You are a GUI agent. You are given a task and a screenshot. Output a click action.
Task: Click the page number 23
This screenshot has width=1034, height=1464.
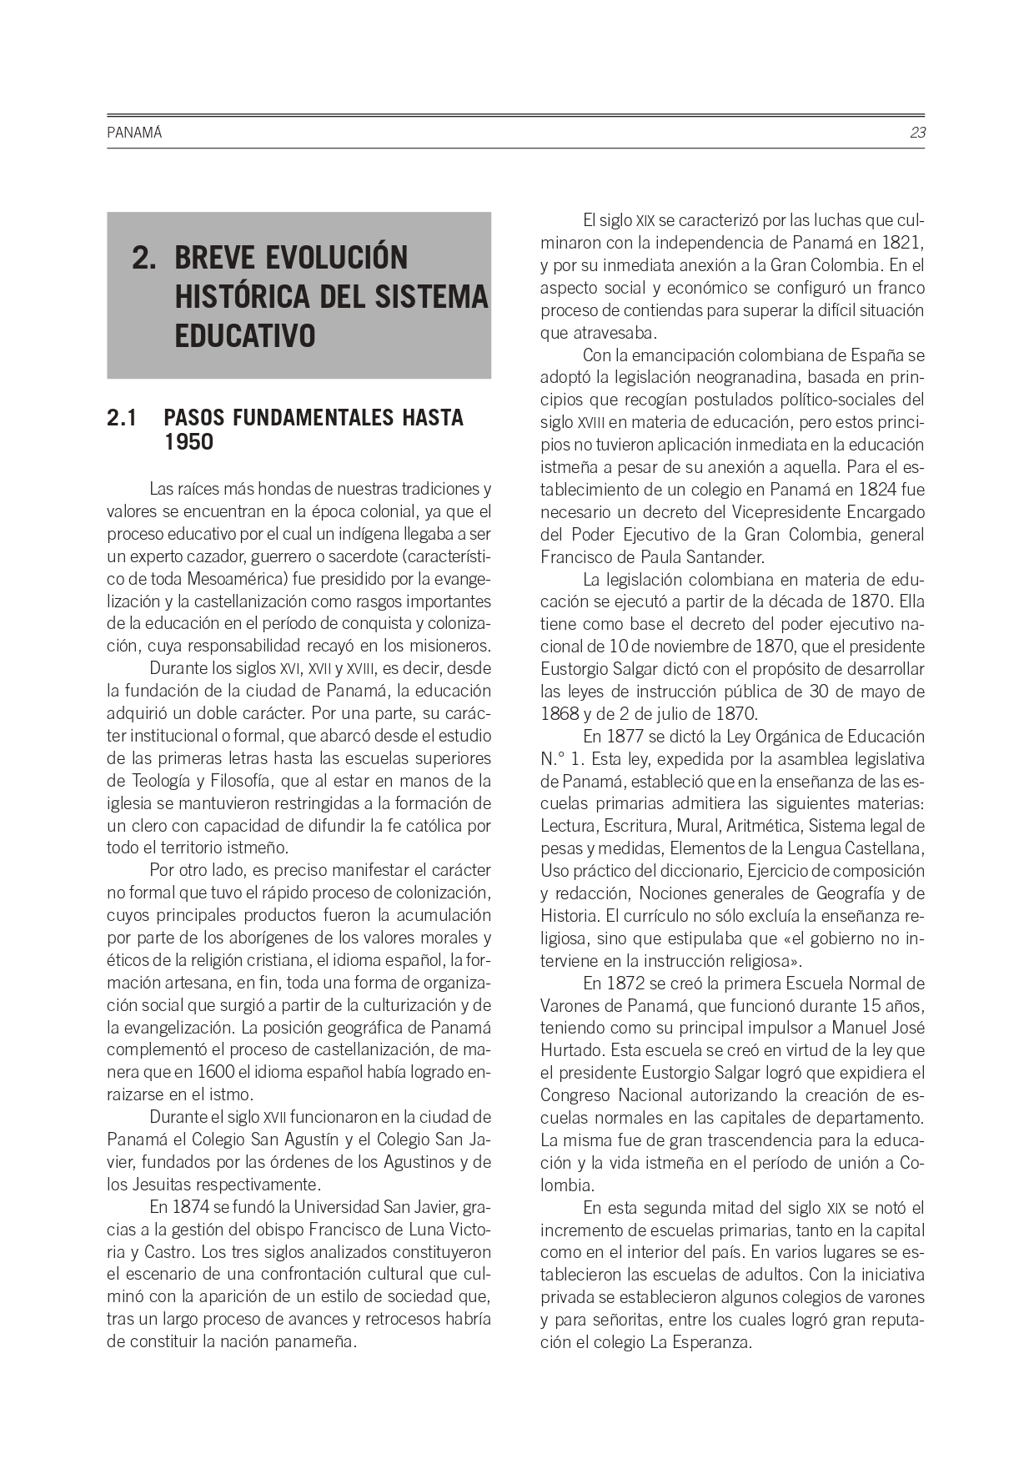coord(917,133)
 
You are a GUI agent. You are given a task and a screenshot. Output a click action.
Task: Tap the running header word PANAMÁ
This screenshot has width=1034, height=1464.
coord(134,133)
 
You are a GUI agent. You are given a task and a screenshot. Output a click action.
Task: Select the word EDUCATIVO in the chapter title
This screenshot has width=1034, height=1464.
coord(245,336)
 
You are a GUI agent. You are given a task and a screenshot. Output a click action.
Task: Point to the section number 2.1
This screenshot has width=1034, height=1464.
coord(122,418)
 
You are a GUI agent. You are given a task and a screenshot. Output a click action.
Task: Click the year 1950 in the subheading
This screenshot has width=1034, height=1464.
coord(188,443)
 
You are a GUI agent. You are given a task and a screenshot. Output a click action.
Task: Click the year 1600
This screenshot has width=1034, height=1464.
coord(216,1072)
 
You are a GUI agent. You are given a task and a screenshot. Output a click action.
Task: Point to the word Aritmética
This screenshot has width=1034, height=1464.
coord(764,827)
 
